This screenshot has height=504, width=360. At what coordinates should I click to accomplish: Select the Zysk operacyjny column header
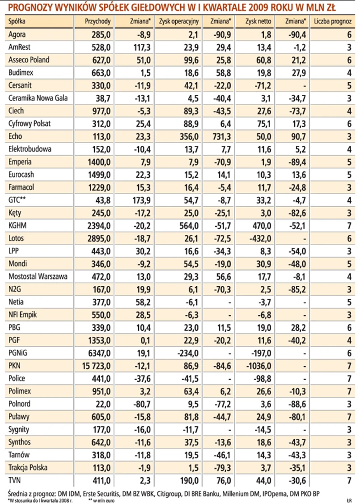point(179,21)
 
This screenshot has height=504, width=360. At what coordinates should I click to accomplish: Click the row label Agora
point(17,34)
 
